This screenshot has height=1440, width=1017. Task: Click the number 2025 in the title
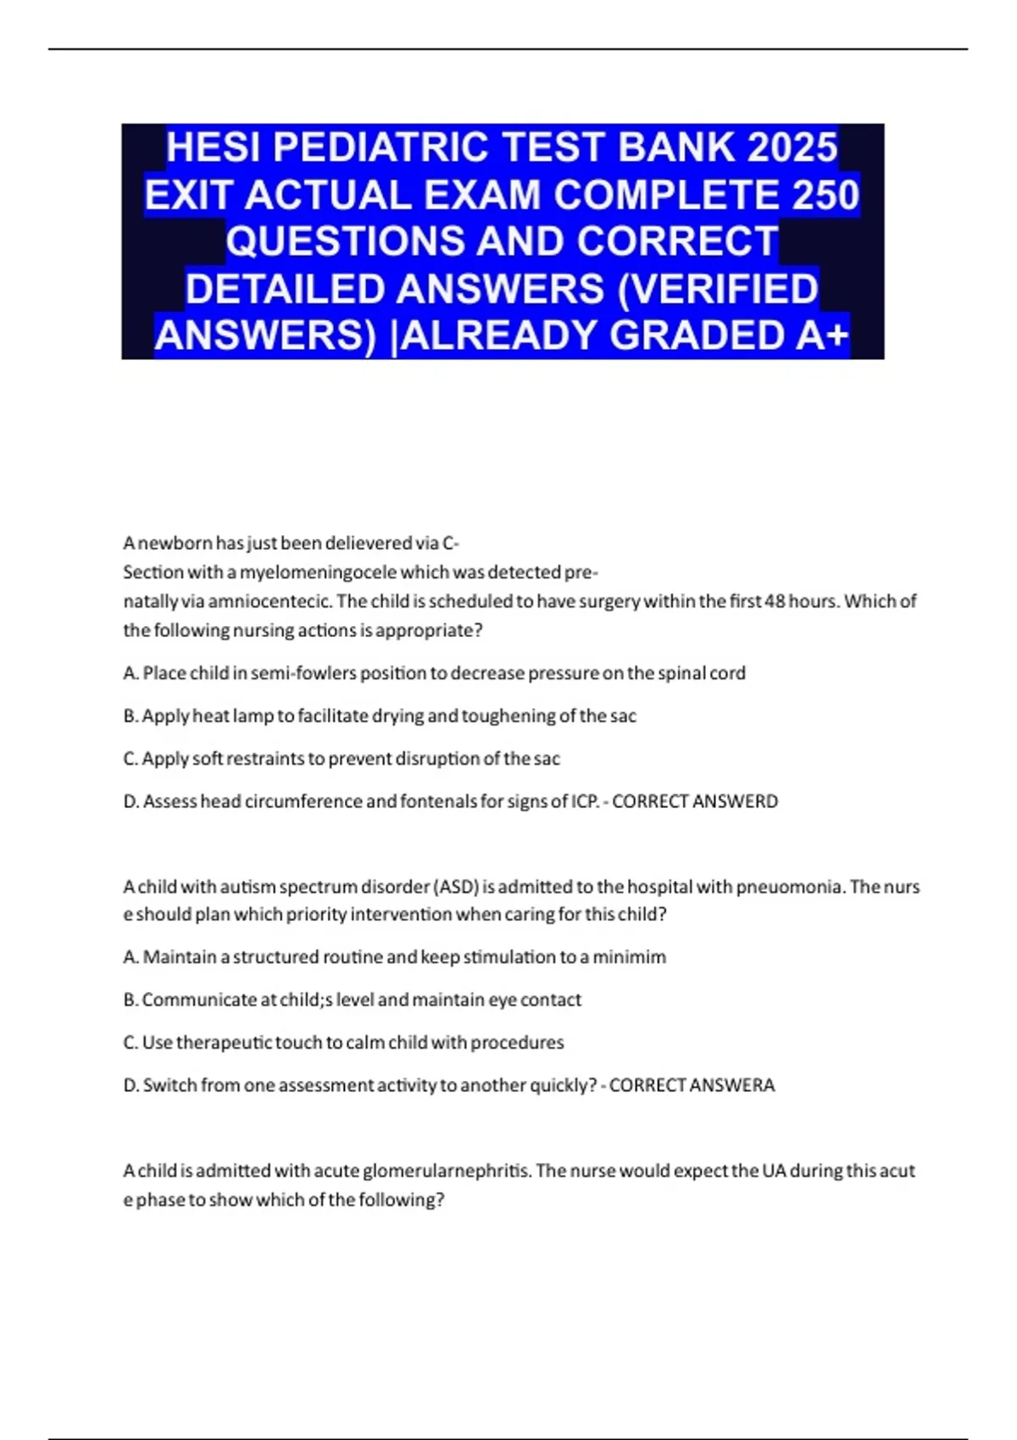click(793, 147)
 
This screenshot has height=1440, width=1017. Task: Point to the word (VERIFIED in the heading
click(719, 289)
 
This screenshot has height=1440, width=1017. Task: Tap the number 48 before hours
click(775, 601)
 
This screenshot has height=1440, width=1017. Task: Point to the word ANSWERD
click(734, 801)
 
